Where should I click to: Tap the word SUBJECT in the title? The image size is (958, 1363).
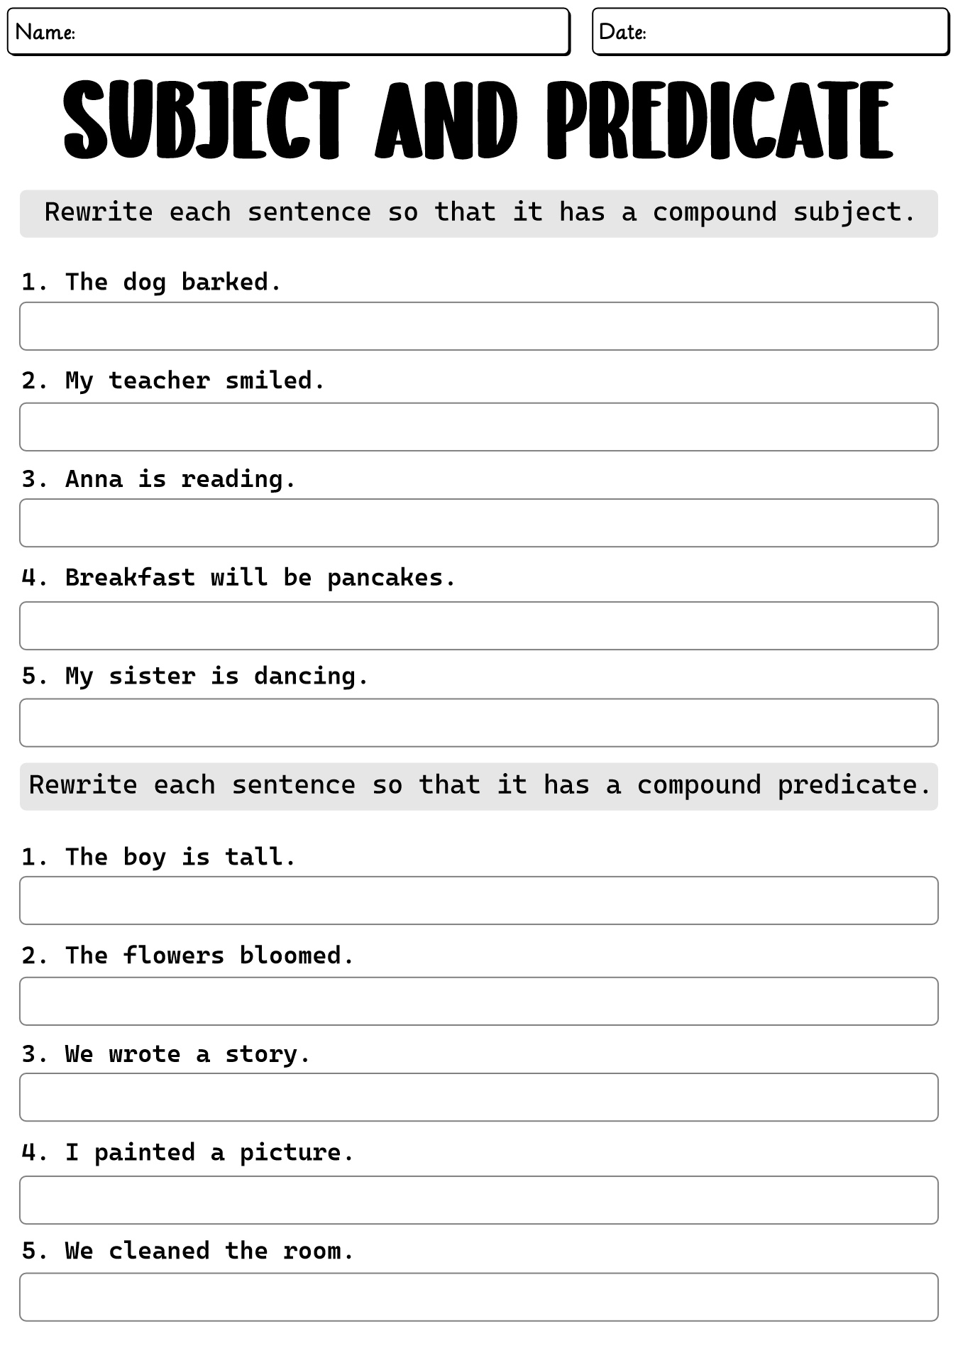pyautogui.click(x=207, y=120)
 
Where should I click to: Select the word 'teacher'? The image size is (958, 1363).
pyautogui.click(x=159, y=381)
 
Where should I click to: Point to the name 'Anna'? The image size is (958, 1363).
pyautogui.click(x=94, y=479)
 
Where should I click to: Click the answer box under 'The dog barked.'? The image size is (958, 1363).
pyautogui.click(x=478, y=326)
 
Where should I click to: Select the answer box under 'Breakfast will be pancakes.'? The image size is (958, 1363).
pyautogui.click(x=478, y=625)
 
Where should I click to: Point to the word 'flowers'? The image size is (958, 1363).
pyautogui.click(x=173, y=956)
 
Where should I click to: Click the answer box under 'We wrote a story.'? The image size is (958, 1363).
pyautogui.click(x=478, y=1097)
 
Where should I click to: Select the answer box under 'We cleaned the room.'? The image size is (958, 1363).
pyautogui.click(x=478, y=1296)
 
